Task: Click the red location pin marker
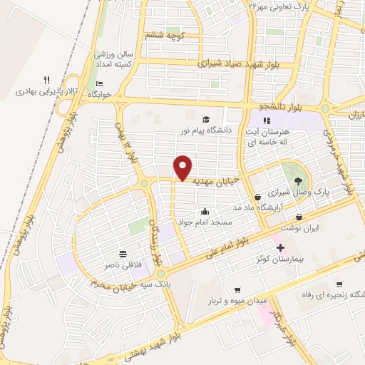pyautogui.click(x=184, y=167)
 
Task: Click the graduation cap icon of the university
pyautogui.click(x=206, y=120)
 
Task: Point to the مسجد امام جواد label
pyautogui.click(x=206, y=222)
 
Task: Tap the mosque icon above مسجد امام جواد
pyautogui.click(x=205, y=211)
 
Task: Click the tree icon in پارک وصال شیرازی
pyautogui.click(x=297, y=180)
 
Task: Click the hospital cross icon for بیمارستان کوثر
pyautogui.click(x=281, y=248)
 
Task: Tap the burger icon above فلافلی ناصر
pyautogui.click(x=123, y=253)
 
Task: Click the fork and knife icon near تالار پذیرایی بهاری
pyautogui.click(x=46, y=80)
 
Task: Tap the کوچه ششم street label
pyautogui.click(x=165, y=34)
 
